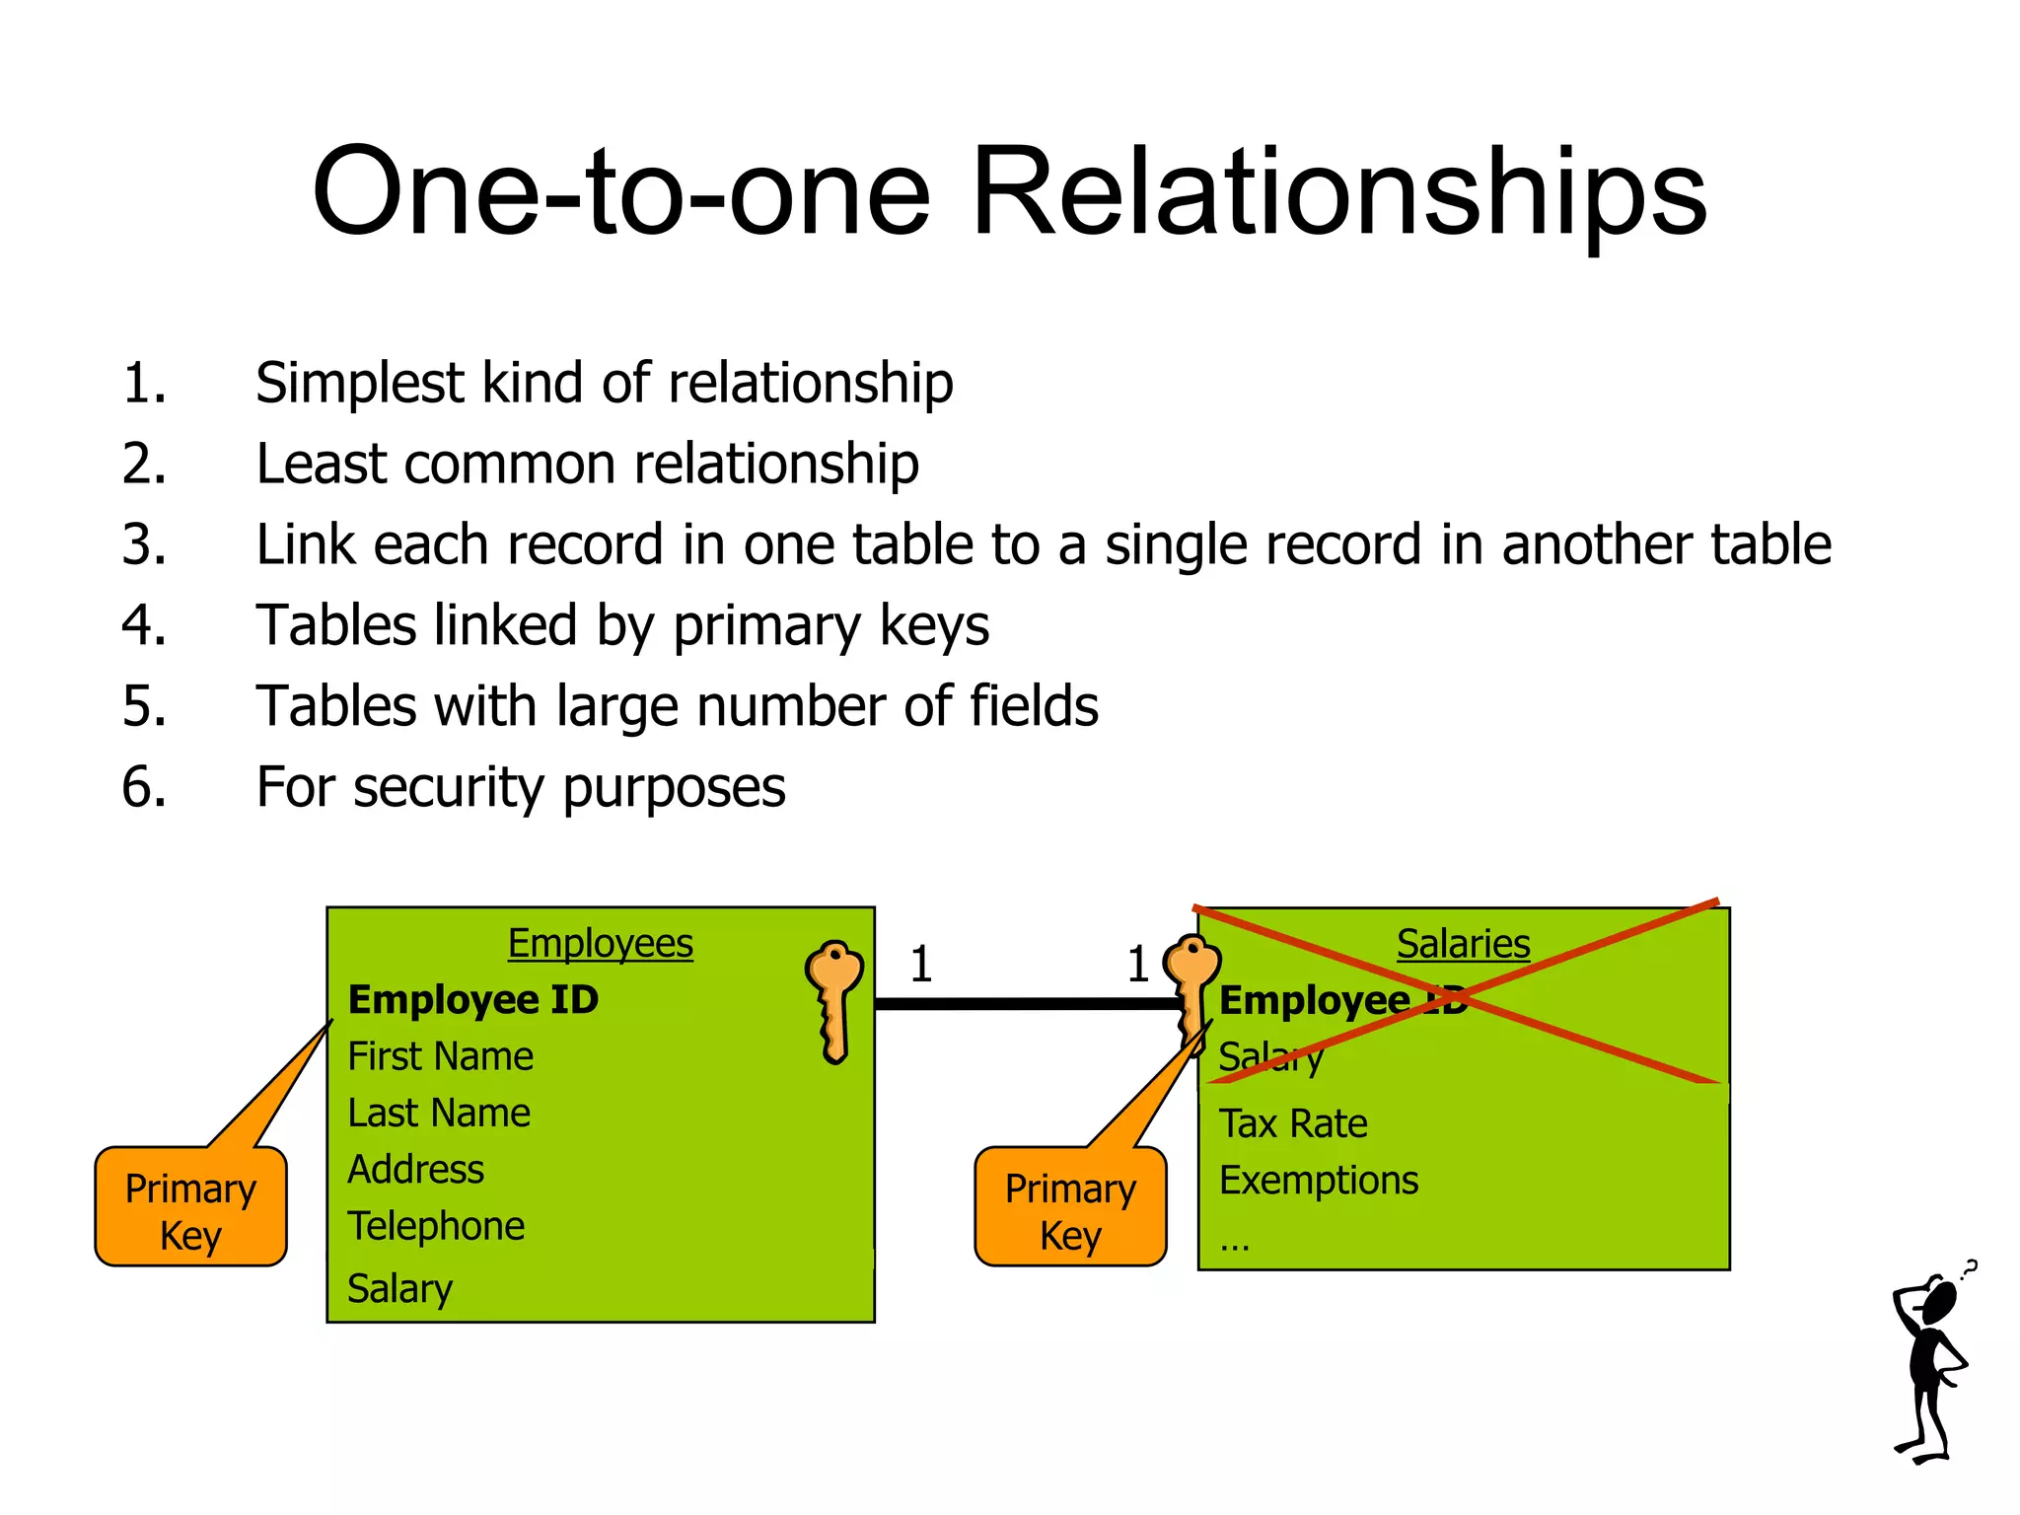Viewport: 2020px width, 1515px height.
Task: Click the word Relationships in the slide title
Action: point(1338,192)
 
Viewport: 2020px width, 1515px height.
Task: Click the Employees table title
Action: point(600,943)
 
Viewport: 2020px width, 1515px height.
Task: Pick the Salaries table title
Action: point(1463,944)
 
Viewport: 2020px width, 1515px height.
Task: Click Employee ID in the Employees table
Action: point(473,1000)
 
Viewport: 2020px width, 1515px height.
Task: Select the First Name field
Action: point(440,1056)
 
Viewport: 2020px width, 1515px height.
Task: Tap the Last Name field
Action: point(439,1113)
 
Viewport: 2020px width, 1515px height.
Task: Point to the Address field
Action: point(415,1170)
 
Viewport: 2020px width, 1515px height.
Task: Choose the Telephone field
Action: point(436,1226)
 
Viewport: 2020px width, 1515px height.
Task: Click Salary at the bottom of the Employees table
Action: point(399,1288)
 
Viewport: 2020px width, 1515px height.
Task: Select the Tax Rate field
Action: point(1293,1123)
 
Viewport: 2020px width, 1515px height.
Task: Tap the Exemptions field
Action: point(1319,1181)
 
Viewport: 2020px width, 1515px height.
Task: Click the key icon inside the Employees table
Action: point(834,996)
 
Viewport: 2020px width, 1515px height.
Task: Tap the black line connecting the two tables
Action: point(1026,1004)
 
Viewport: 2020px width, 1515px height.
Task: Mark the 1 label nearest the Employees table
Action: point(921,964)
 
